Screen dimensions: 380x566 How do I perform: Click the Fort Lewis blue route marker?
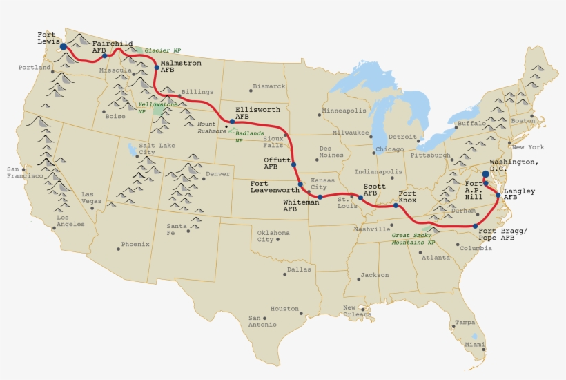tap(64, 47)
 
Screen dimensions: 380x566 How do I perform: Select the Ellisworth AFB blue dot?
tap(232, 121)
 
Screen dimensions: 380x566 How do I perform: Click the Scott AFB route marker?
tap(360, 197)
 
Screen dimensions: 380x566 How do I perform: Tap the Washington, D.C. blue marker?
tap(485, 174)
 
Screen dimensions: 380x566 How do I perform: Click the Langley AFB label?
tap(519, 194)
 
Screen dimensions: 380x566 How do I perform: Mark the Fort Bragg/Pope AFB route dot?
tap(475, 226)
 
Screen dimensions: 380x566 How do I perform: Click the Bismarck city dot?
tap(250, 91)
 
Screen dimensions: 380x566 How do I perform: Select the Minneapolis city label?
tap(346, 111)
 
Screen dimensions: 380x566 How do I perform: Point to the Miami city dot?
tap(483, 349)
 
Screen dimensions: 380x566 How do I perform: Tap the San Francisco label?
tap(24, 173)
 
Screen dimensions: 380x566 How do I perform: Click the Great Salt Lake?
tap(132, 150)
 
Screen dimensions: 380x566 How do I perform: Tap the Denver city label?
tap(218, 174)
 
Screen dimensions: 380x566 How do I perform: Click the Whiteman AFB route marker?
tap(320, 197)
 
